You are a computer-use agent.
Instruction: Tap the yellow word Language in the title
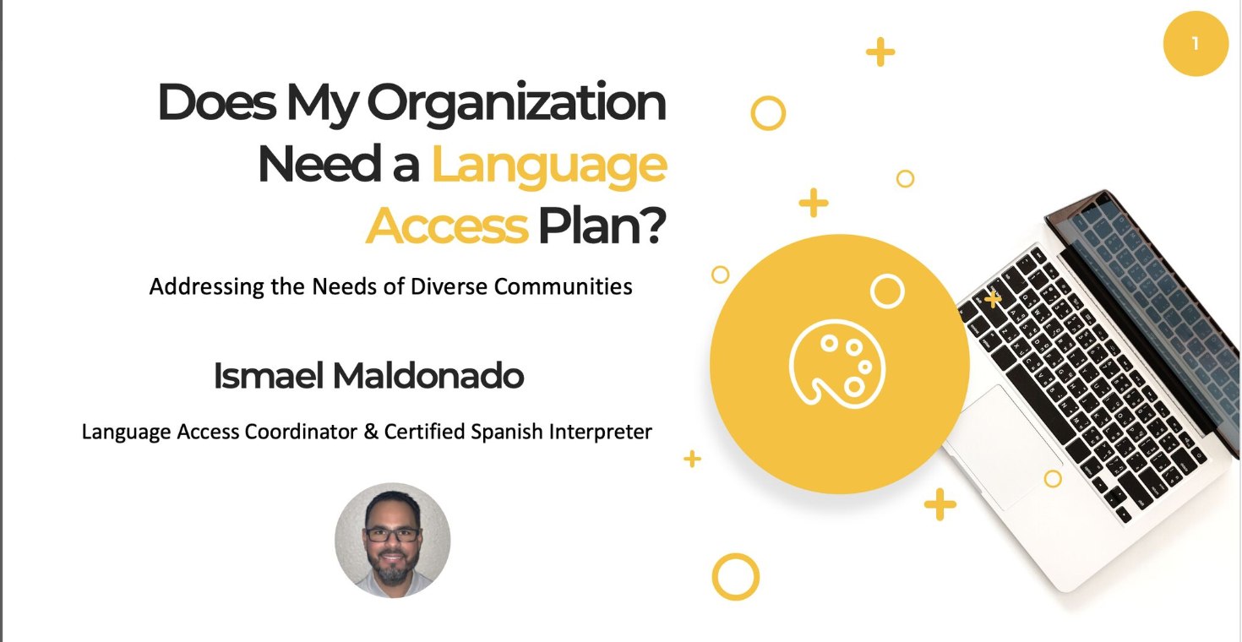pos(549,166)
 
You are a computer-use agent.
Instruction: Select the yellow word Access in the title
pos(447,226)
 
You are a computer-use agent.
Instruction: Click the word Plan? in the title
pos(602,226)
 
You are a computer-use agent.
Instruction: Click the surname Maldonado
pos(428,376)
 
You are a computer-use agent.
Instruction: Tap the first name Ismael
pos(269,376)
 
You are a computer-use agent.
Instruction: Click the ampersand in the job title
pos(370,432)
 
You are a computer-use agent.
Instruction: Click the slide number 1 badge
pos(1196,44)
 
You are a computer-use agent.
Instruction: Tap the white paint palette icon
pos(836,364)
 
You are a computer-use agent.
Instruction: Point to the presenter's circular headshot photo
pos(393,540)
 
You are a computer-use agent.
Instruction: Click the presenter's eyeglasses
pos(393,535)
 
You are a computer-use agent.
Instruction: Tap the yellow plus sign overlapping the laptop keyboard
pos(993,299)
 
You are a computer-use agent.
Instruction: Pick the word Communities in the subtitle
pos(564,286)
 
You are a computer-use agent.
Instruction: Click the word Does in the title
pos(217,102)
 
